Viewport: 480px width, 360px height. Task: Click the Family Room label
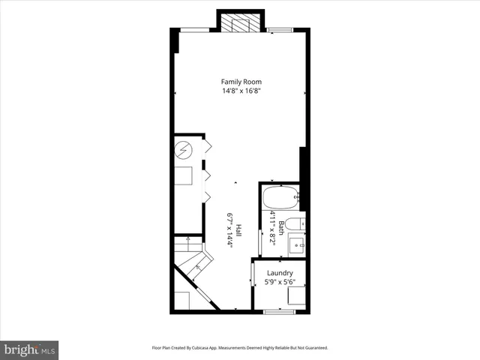point(241,81)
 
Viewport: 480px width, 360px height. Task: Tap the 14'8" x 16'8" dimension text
point(241,91)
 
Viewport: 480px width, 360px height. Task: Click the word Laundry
point(279,273)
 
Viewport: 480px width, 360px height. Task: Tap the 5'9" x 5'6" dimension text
point(279,283)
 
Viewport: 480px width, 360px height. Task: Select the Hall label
point(238,230)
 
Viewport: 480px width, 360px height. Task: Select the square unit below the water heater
point(184,175)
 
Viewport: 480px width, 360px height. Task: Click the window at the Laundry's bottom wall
point(275,310)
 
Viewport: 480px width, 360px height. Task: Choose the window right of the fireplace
point(280,29)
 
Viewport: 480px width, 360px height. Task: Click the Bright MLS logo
point(29,350)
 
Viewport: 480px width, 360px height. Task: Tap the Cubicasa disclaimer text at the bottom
point(240,348)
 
